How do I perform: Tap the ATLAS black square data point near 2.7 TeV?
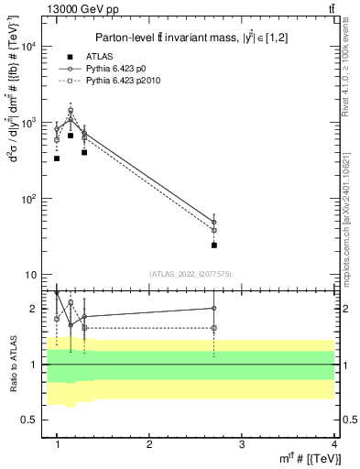coord(213,245)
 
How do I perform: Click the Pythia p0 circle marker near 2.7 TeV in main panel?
coord(213,223)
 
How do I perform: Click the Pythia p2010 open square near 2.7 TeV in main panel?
coord(213,231)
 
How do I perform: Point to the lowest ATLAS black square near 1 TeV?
coord(57,158)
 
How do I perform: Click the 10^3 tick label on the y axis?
coord(27,122)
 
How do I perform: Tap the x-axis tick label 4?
coord(334,443)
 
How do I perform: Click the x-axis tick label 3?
coord(242,443)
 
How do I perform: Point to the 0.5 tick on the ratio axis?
coord(29,420)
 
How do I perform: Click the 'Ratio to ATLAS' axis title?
coord(10,365)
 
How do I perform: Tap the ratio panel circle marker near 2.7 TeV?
coord(213,309)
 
